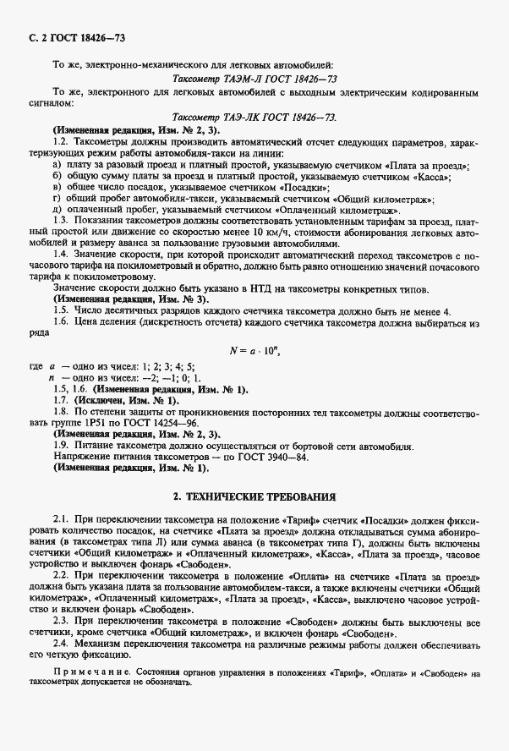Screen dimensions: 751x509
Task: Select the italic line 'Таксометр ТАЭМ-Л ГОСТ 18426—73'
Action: tap(254, 78)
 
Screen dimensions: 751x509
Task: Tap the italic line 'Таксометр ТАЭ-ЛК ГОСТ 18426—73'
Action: tap(254, 119)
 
